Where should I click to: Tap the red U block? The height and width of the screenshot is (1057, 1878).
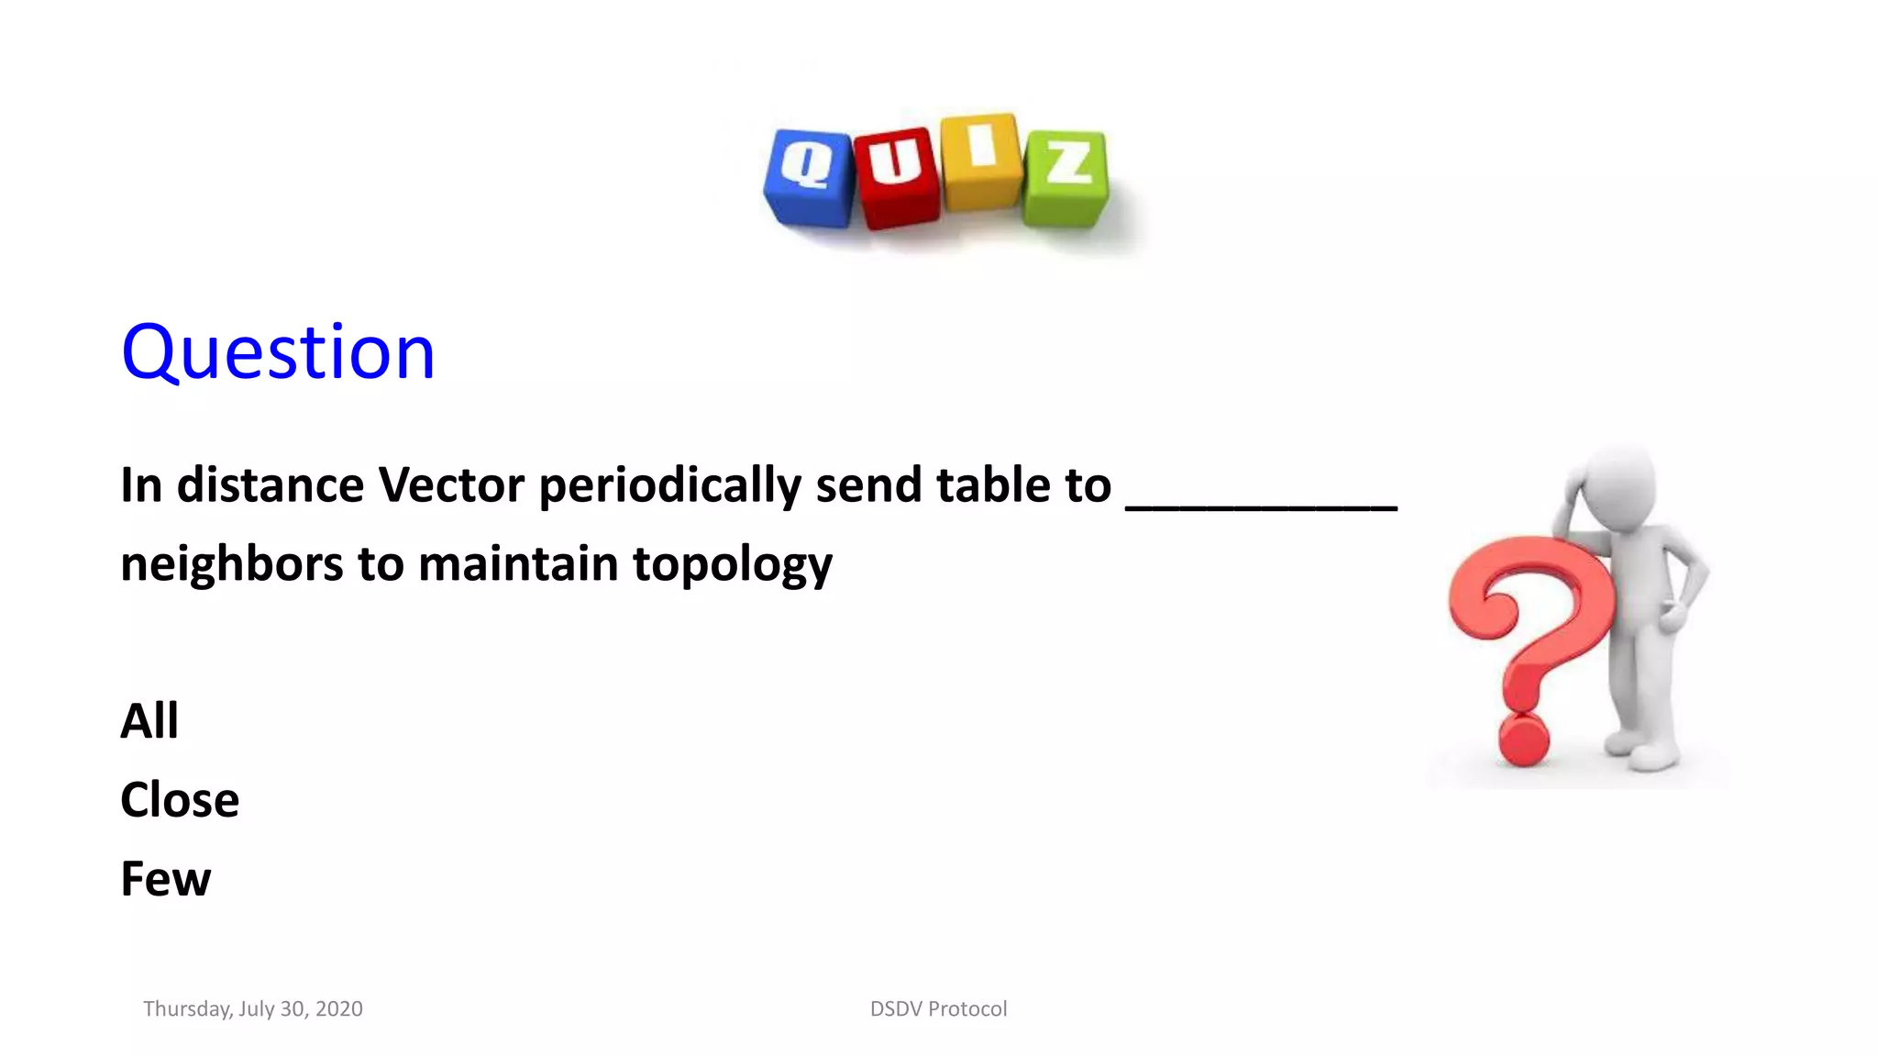click(896, 177)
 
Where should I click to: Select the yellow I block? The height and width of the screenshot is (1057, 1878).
click(981, 160)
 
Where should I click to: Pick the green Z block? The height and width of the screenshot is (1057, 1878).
click(1066, 177)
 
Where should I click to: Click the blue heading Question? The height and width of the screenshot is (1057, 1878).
click(278, 352)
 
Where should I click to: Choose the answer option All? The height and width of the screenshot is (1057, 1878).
click(149, 721)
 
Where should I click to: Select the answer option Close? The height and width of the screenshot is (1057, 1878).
click(180, 800)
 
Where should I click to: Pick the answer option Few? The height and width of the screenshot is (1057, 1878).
click(166, 879)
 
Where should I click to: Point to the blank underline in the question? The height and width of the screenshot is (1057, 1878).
click(1261, 505)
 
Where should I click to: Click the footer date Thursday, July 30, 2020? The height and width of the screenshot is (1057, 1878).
click(253, 1009)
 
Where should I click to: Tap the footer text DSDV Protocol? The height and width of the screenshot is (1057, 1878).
click(938, 1009)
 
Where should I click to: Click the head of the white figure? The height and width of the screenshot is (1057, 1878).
click(1619, 485)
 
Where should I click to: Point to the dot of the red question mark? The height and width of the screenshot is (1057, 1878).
click(1523, 740)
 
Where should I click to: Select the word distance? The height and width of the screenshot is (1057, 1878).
click(271, 484)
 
